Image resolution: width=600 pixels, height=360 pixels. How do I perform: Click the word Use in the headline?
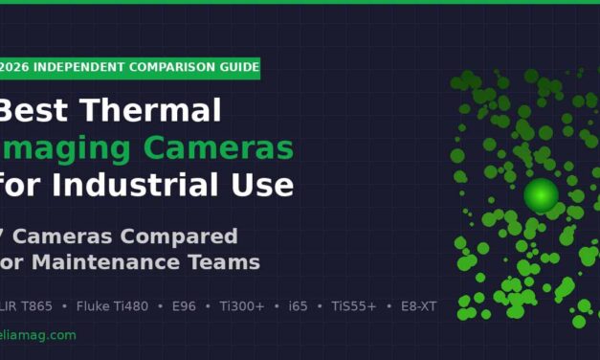pos(263,183)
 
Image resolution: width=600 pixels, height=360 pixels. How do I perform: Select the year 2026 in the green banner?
pos(14,67)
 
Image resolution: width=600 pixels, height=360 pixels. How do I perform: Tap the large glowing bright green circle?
pos(541,195)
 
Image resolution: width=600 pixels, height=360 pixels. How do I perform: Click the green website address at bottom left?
pos(37,335)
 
